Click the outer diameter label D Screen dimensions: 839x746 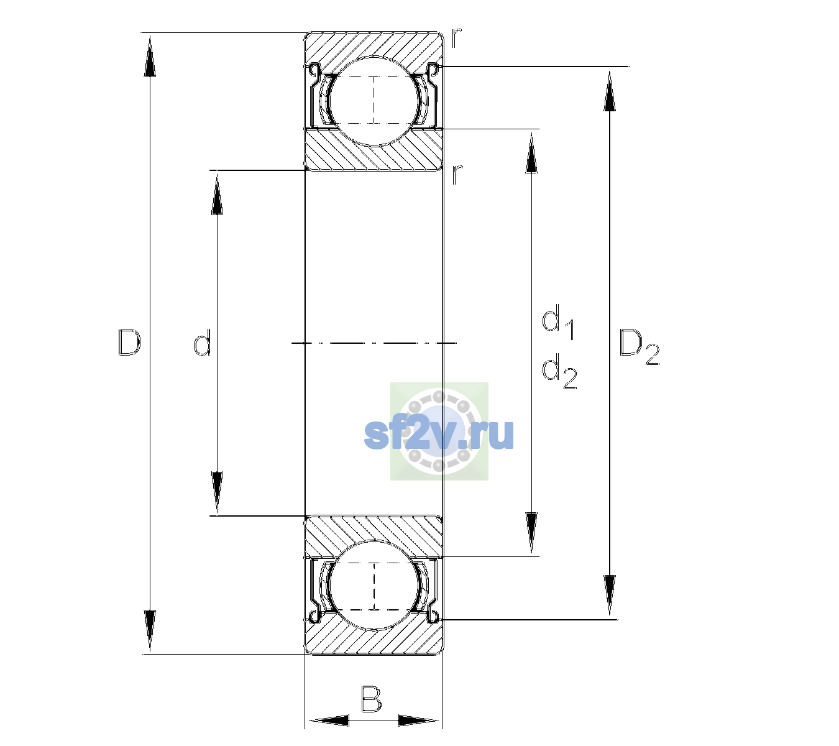coord(129,343)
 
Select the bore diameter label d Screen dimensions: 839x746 coord(202,343)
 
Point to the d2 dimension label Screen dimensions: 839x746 coord(559,371)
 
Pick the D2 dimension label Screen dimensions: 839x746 coord(639,347)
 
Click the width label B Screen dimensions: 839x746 coord(371,699)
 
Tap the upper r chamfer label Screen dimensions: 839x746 coord(457,38)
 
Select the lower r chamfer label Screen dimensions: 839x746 coord(457,175)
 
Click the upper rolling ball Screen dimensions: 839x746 coord(374,101)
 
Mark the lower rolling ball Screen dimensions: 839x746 coord(374,585)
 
